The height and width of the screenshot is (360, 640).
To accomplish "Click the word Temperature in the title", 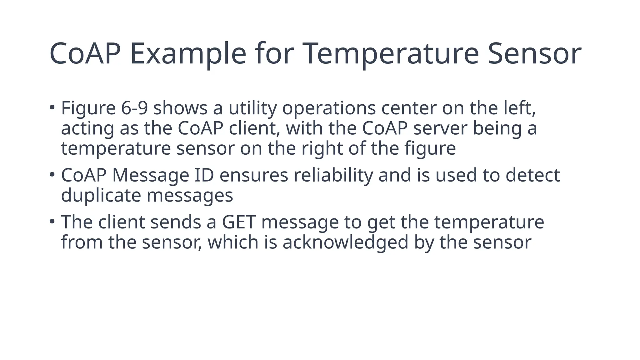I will (391, 54).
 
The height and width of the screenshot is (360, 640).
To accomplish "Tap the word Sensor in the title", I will (534, 54).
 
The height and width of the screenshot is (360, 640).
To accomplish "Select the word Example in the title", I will (188, 54).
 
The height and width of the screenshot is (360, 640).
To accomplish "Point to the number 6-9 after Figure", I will (134, 108).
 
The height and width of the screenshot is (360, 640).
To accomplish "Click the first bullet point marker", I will (52, 107).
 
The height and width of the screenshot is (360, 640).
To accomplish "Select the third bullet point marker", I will (52, 221).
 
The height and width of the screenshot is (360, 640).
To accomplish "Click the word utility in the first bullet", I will (252, 108).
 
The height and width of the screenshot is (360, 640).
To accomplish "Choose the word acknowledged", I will (345, 242).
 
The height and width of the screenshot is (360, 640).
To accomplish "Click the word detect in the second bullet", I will (532, 175).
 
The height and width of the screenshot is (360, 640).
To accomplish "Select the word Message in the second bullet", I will (151, 175).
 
